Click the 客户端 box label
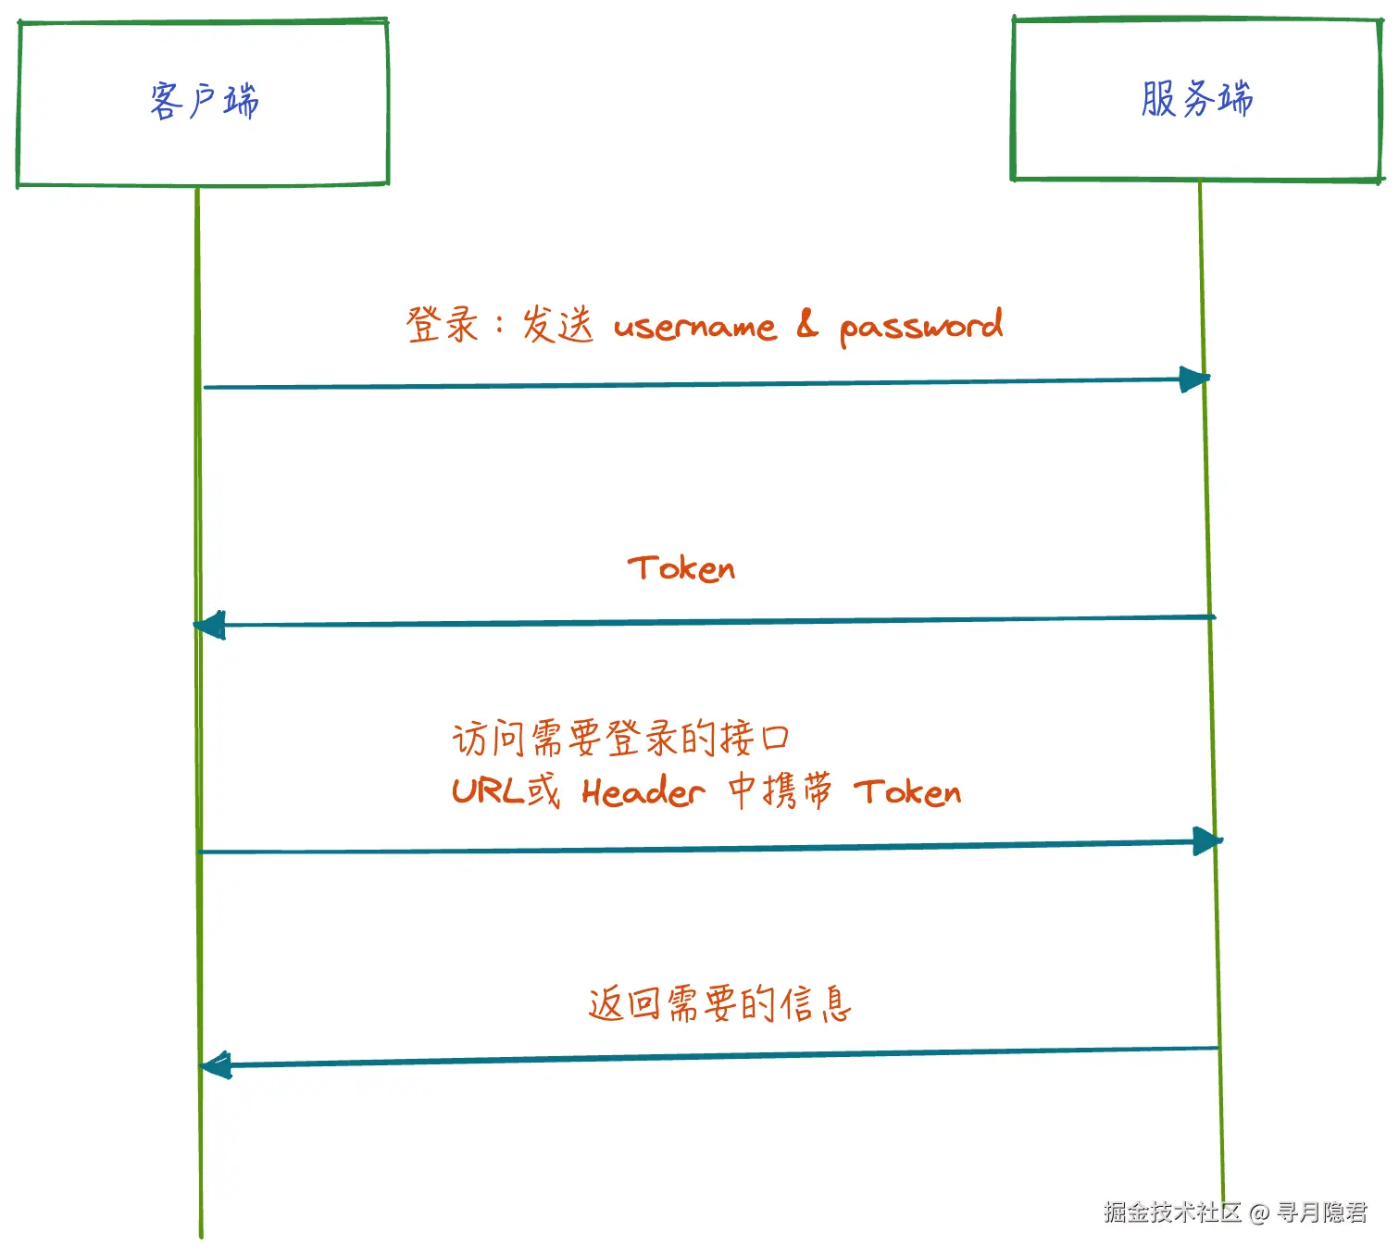pyautogui.click(x=204, y=101)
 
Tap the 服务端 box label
pyautogui.click(x=1196, y=99)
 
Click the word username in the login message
pyautogui.click(x=694, y=327)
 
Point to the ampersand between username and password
pyautogui.click(x=807, y=325)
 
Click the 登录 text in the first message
pyautogui.click(x=442, y=325)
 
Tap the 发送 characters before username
pyautogui.click(x=557, y=325)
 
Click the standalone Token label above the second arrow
pyautogui.click(x=681, y=568)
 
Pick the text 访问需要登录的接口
pyautogui.click(x=620, y=739)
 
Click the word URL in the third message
pyautogui.click(x=488, y=791)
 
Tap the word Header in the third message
pyautogui.click(x=643, y=792)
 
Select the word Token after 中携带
pyautogui.click(x=907, y=792)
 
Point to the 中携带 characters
pyautogui.click(x=780, y=791)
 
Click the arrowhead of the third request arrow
pyautogui.click(x=1207, y=841)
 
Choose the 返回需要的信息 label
pyautogui.click(x=719, y=1003)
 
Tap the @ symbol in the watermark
pyautogui.click(x=1258, y=1212)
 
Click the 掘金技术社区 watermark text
pyautogui.click(x=1172, y=1212)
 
